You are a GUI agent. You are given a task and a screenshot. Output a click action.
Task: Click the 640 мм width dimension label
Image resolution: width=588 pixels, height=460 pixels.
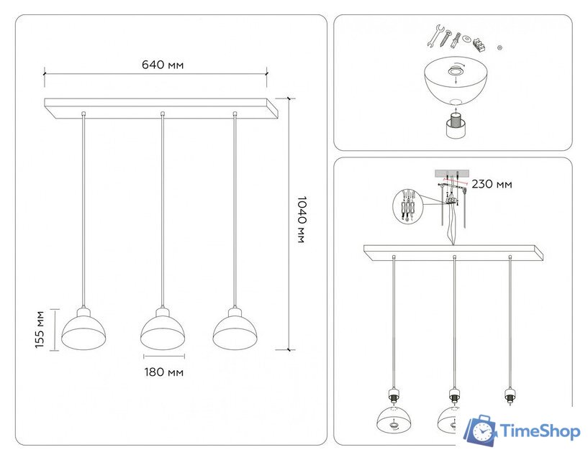click(162, 65)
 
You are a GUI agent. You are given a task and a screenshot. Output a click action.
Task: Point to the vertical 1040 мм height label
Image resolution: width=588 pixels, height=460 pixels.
click(300, 219)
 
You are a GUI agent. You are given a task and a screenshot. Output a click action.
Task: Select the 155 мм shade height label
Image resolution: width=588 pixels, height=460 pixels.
click(39, 329)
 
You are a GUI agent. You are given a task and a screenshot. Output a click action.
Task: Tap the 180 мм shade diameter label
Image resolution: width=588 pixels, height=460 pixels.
click(163, 372)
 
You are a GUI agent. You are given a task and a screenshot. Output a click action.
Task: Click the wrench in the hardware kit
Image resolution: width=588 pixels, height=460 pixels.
click(435, 35)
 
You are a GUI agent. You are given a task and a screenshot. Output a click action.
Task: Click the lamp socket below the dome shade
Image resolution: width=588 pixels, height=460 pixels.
click(454, 126)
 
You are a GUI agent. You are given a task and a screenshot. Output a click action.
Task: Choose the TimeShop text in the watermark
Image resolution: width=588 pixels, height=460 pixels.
click(540, 431)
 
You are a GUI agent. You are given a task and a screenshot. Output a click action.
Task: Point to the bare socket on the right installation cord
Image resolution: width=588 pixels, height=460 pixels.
click(510, 396)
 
